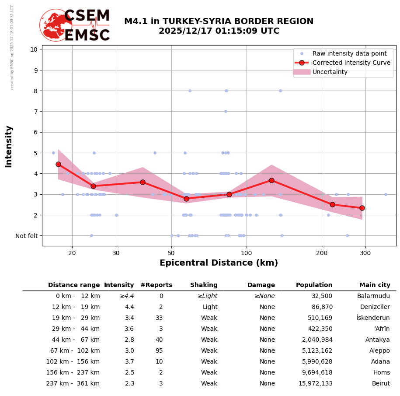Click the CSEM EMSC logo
click(75, 25)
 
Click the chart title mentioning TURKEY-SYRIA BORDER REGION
click(219, 26)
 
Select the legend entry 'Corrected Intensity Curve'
click(351, 63)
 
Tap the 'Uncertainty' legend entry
click(330, 72)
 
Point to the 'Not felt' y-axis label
click(27, 236)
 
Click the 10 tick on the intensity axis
click(34, 49)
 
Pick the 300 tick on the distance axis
click(365, 252)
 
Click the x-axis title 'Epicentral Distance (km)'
click(219, 263)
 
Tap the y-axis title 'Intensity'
click(9, 146)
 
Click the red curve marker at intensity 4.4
click(58, 164)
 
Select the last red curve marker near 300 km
click(362, 208)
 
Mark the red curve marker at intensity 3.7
click(271, 180)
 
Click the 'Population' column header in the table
click(314, 285)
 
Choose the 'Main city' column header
click(374, 285)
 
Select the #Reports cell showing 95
click(159, 351)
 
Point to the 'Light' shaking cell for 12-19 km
click(210, 307)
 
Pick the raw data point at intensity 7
click(226, 111)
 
